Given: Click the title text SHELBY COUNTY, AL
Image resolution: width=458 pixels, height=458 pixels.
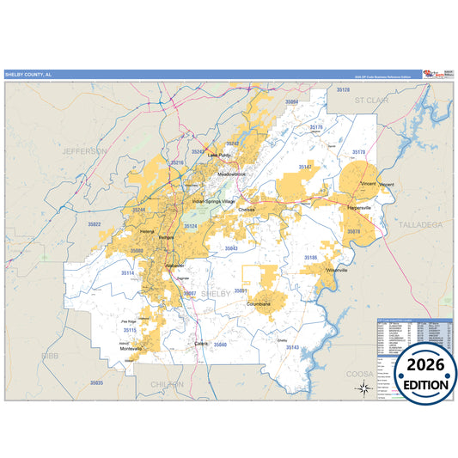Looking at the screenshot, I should coord(27,74).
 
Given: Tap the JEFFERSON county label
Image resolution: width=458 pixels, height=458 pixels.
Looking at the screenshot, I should coord(84,150).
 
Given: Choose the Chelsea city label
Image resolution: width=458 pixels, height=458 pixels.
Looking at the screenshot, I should coord(247,209).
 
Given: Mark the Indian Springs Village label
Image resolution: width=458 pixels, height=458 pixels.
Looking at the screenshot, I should coord(212,201).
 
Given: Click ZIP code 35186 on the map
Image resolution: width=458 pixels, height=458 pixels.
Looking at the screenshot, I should coord(310,257).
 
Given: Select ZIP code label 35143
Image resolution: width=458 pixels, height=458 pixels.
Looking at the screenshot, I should coord(292,347).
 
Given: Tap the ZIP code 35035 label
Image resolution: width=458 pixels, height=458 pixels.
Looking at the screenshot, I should coord(95,382).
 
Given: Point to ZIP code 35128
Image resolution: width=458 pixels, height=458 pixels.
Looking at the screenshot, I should coord(344,89).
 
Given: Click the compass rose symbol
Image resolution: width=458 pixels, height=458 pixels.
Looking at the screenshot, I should coord(363,388).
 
